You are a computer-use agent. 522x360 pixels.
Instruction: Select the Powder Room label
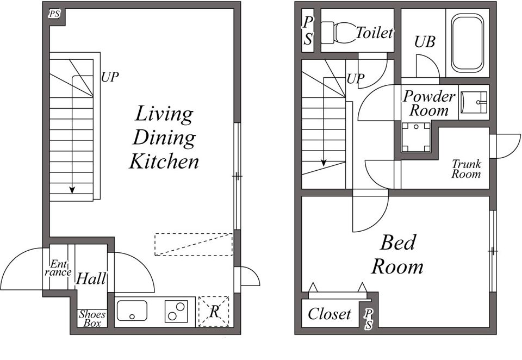click(x=429, y=103)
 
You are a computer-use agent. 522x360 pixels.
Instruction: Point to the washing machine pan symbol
click(x=416, y=137)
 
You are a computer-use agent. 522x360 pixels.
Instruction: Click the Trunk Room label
click(x=466, y=169)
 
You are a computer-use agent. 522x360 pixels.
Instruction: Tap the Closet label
click(x=330, y=314)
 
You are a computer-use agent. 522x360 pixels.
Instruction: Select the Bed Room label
click(x=397, y=255)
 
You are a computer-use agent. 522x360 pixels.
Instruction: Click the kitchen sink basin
click(x=132, y=311)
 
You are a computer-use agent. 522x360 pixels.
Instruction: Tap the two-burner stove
click(x=176, y=312)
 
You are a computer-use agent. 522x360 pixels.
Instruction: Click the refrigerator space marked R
click(x=214, y=312)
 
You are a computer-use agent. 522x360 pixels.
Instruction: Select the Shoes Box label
click(x=92, y=319)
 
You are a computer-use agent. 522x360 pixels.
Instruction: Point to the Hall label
click(x=91, y=278)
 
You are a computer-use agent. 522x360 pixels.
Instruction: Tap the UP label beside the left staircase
click(x=110, y=77)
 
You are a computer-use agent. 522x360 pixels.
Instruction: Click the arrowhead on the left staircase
click(x=72, y=190)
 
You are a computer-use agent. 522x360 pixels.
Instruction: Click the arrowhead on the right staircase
click(x=324, y=163)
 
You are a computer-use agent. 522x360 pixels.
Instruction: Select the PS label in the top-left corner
click(x=54, y=14)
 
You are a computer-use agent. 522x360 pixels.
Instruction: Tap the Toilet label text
click(x=375, y=33)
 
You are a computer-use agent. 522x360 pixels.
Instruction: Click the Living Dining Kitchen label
click(x=164, y=137)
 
